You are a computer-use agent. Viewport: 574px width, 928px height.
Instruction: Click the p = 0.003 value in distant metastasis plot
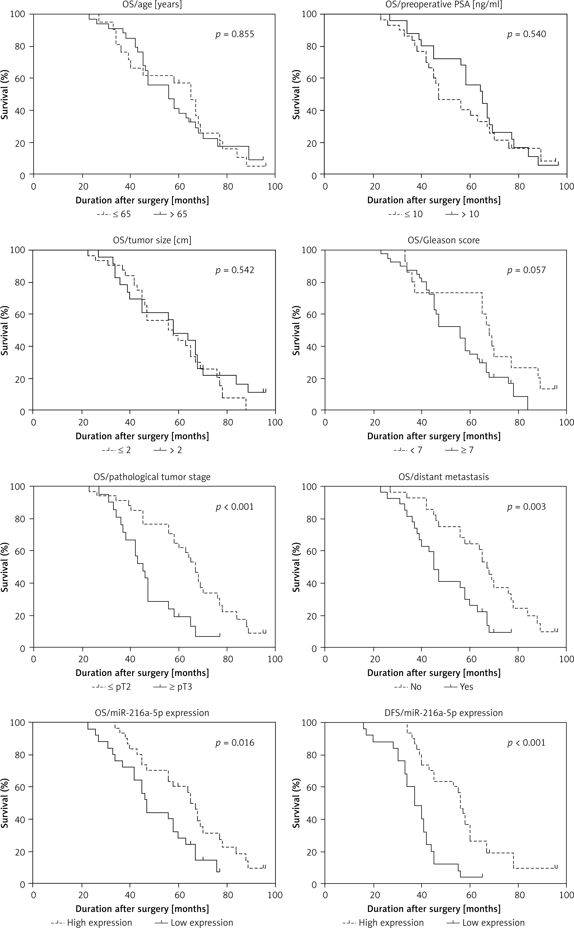pyautogui.click(x=527, y=507)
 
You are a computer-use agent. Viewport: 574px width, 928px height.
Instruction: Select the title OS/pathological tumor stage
pyautogui.click(x=152, y=477)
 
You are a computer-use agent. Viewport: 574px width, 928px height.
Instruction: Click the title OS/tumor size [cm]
pyautogui.click(x=152, y=240)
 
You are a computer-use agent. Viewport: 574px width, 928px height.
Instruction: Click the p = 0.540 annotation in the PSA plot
pyautogui.click(x=527, y=34)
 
